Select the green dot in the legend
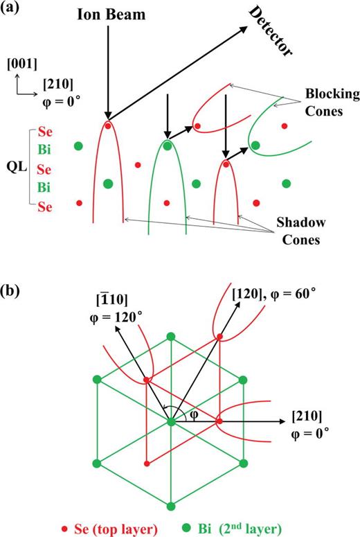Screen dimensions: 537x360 213,526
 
